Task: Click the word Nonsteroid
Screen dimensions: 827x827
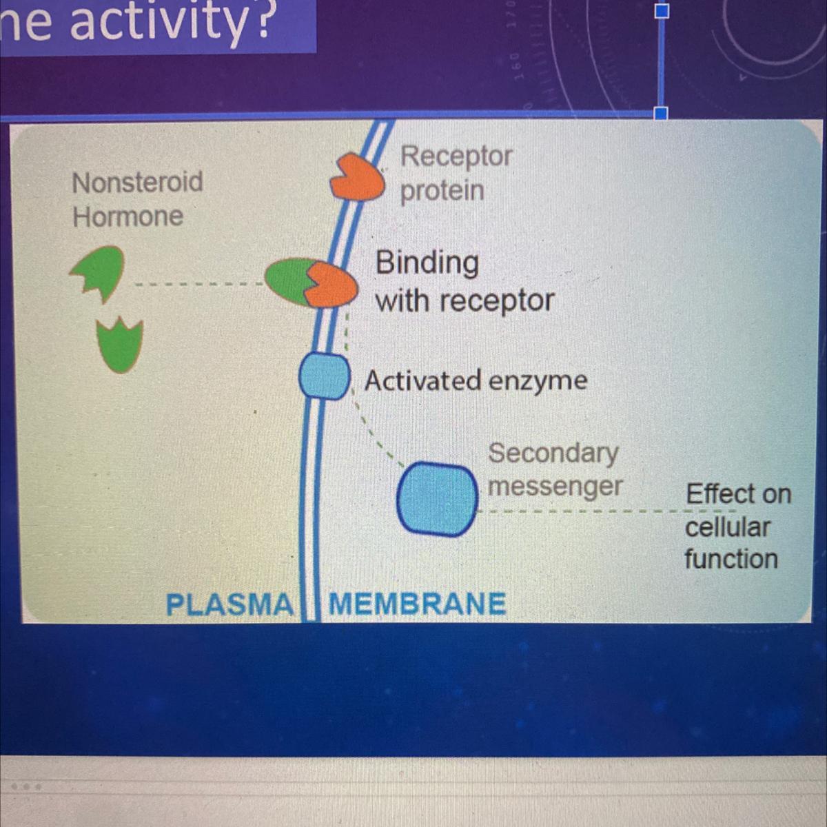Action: [137, 183]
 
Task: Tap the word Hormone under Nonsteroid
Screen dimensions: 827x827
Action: [127, 216]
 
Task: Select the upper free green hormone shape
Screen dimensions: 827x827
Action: [99, 271]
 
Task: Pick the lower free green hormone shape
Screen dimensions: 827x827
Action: [120, 344]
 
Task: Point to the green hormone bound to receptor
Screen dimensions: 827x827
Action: [287, 280]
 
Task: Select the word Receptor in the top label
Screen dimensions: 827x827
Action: [456, 156]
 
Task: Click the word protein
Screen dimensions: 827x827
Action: [442, 191]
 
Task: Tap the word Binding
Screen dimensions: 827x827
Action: [427, 263]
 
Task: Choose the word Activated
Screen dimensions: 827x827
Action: [423, 380]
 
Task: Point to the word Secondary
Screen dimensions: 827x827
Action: [553, 453]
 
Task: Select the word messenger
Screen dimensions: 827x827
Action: [555, 487]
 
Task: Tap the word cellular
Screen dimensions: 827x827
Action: [727, 527]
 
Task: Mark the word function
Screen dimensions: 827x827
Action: [731, 559]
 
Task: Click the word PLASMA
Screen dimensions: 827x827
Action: [229, 605]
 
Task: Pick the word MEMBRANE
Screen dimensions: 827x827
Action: [418, 604]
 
